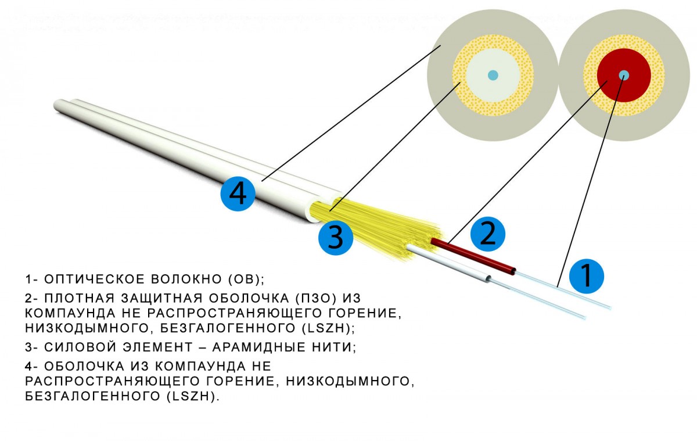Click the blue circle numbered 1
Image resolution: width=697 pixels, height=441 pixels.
pos(587,276)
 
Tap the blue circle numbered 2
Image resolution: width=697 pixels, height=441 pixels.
pos(487,234)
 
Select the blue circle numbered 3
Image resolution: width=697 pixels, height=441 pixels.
pos(336,238)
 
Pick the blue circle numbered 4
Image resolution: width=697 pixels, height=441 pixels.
pos(238,193)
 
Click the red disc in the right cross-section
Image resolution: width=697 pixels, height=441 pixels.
pos(624,76)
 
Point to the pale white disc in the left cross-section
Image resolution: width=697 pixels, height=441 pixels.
pos(493,76)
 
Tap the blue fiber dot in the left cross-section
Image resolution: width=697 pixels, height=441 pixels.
pos(493,75)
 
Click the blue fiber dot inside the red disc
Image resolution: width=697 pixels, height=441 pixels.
pos(624,75)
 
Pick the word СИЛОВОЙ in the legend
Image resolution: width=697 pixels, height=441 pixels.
pos(80,347)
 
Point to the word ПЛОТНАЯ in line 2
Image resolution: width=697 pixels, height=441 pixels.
pos(80,299)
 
